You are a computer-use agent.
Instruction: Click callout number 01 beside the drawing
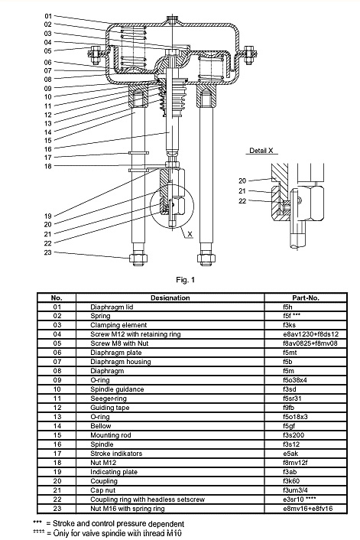click(x=48, y=16)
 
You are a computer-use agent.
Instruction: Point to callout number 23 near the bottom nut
click(x=48, y=252)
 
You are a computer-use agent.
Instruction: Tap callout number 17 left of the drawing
click(x=48, y=158)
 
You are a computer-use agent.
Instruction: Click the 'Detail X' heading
click(x=261, y=151)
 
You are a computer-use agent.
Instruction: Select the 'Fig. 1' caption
click(x=186, y=280)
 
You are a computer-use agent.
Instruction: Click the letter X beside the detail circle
click(x=190, y=234)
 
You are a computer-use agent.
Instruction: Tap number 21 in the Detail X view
click(x=242, y=190)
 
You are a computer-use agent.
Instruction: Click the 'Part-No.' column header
click(x=306, y=298)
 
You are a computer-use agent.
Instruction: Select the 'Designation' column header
click(x=170, y=298)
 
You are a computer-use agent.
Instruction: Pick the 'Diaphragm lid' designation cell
click(x=112, y=307)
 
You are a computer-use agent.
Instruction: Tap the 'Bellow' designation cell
click(x=101, y=426)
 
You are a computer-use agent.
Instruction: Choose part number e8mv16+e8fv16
click(x=308, y=509)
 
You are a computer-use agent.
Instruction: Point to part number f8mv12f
click(x=295, y=463)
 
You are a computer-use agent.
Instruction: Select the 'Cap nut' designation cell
click(x=103, y=490)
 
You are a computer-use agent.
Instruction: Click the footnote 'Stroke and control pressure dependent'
click(x=118, y=524)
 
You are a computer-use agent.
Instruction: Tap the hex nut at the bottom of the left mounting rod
click(x=138, y=259)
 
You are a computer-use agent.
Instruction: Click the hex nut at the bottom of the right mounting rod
click(x=206, y=259)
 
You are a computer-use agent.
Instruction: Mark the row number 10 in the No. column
click(x=57, y=389)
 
